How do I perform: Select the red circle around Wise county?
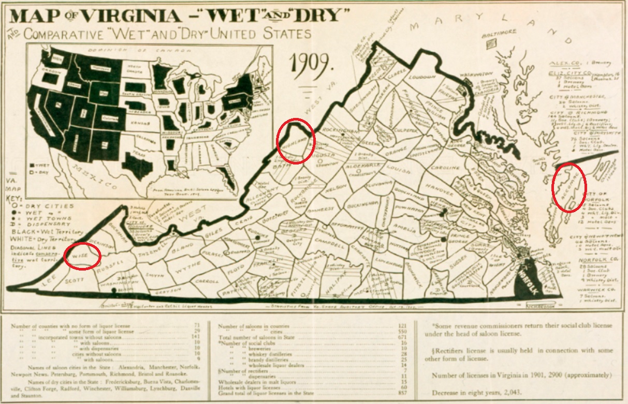pos(82,256)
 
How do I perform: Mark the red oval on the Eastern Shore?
pos(569,187)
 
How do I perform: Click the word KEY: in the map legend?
pos(12,198)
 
